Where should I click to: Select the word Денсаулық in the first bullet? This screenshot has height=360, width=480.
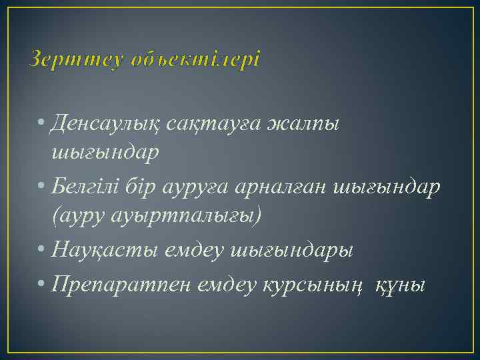tap(116, 123)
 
